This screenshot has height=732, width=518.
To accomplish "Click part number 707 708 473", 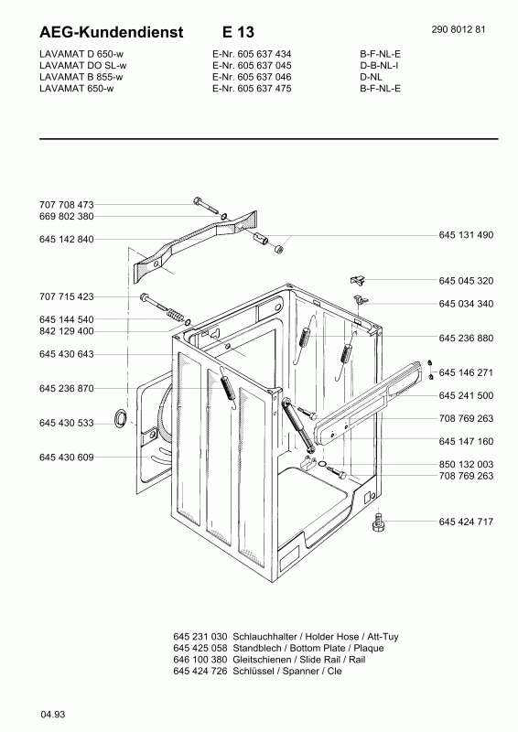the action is pos(66,204).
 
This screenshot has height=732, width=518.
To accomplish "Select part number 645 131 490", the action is pos(466,235).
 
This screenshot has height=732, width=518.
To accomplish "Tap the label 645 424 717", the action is pos(466,522).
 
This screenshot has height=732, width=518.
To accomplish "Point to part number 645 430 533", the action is pos(66,423).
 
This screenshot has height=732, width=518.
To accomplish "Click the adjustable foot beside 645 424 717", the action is pos(378,522).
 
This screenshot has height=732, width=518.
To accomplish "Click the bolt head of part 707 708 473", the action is pos(197,200).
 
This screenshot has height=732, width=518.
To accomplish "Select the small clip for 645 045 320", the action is pos(357,280).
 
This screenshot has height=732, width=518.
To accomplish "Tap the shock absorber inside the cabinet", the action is pos(298,424).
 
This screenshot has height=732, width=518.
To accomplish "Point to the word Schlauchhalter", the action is pos(264,636).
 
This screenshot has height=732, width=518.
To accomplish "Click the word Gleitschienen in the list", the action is pos(262,660).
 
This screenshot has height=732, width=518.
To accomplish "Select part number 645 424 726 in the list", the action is pos(200,671).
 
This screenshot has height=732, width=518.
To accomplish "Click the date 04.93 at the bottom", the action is pos(52,715).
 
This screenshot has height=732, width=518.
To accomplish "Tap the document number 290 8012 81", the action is pos(459,29).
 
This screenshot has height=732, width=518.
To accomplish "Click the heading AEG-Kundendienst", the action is pos(111,32).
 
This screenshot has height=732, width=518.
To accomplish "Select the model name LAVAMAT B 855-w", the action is pos(81,77).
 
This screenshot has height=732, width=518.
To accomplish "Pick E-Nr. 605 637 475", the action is pos(252,88).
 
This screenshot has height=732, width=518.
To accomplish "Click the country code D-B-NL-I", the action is pos(379,65).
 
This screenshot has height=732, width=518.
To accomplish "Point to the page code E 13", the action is pos(238,32).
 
